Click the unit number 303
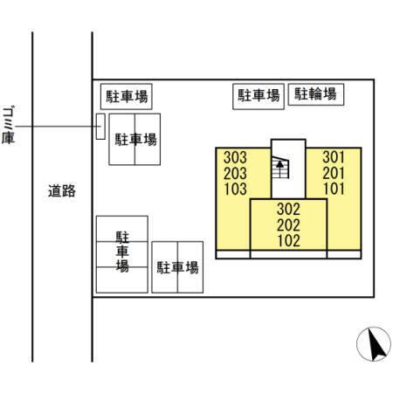pyautogui.click(x=235, y=157)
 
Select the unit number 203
pyautogui.click(x=235, y=173)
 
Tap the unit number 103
pyautogui.click(x=236, y=189)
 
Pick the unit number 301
pyautogui.click(x=334, y=157)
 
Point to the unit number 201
pyautogui.click(x=334, y=173)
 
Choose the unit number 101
pyautogui.click(x=334, y=189)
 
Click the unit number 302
pyautogui.click(x=288, y=209)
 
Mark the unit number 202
pyautogui.click(x=288, y=225)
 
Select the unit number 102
pyautogui.click(x=288, y=241)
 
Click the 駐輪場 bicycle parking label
pyautogui.click(x=315, y=94)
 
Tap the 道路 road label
pyautogui.click(x=62, y=191)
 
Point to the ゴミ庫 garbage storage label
pyautogui.click(x=9, y=125)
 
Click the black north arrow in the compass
pyautogui.click(x=376, y=344)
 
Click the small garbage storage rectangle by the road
pyautogui.click(x=100, y=127)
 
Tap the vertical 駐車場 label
pyautogui.click(x=122, y=252)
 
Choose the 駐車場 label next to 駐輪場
pyautogui.click(x=259, y=95)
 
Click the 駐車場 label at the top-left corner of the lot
pyautogui.click(x=127, y=96)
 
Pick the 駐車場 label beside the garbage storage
pyautogui.click(x=135, y=140)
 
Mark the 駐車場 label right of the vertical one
pyautogui.click(x=177, y=267)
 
